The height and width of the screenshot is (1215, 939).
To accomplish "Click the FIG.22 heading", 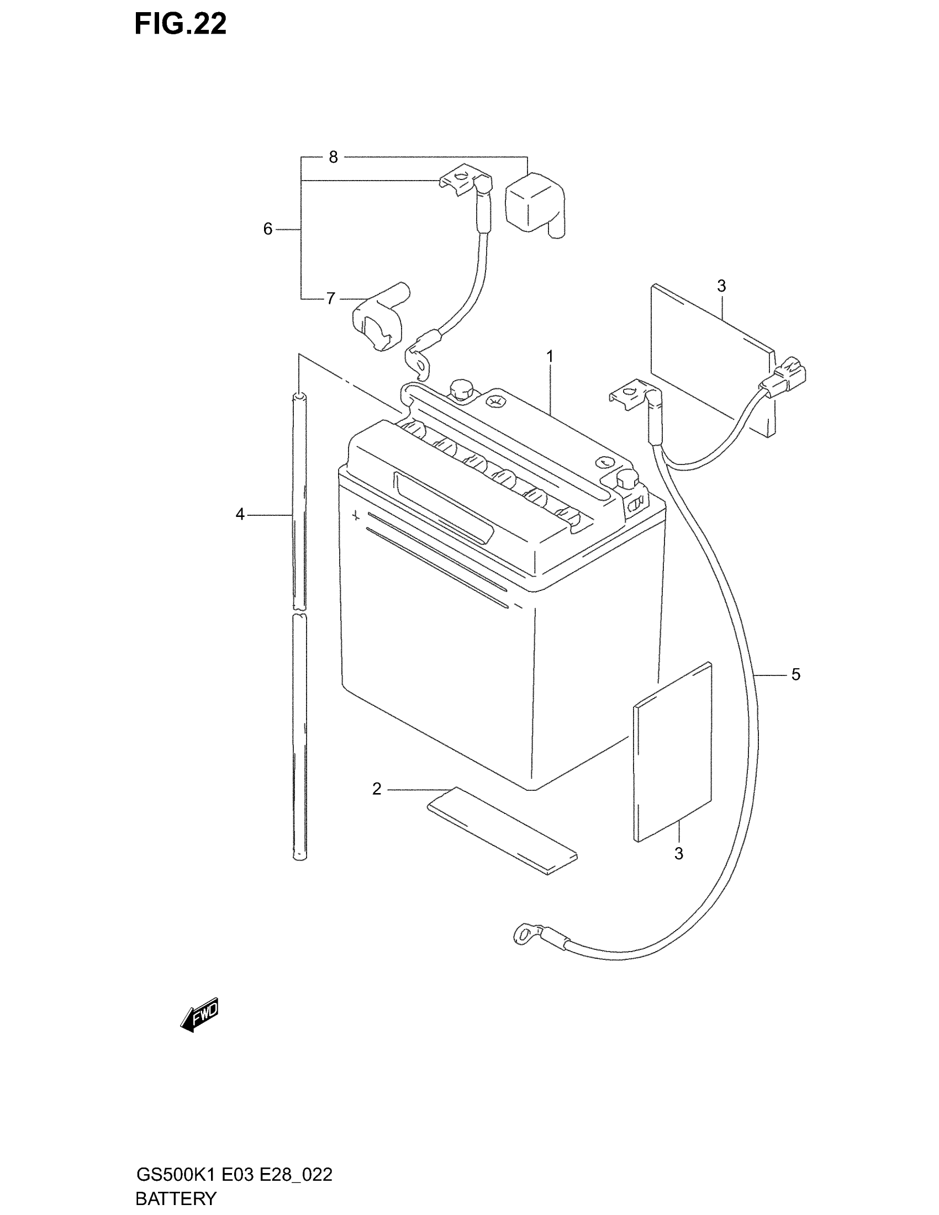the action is pyautogui.click(x=180, y=24).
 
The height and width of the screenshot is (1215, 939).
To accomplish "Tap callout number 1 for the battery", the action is pyautogui.click(x=550, y=356).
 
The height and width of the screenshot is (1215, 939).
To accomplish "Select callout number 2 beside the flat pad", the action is pyautogui.click(x=377, y=789).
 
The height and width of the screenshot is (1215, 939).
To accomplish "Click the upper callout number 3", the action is pyautogui.click(x=721, y=286).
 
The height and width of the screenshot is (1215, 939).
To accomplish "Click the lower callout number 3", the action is pyautogui.click(x=679, y=853).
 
